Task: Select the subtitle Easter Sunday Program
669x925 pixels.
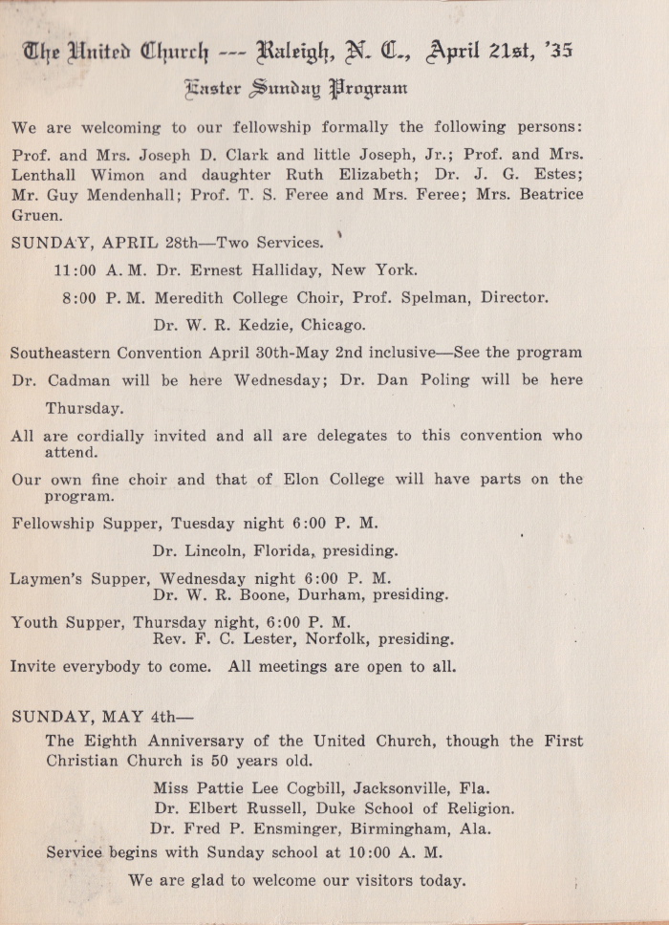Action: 297,90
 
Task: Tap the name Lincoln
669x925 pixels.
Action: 214,551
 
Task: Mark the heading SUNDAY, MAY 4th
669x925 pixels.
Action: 90,716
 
